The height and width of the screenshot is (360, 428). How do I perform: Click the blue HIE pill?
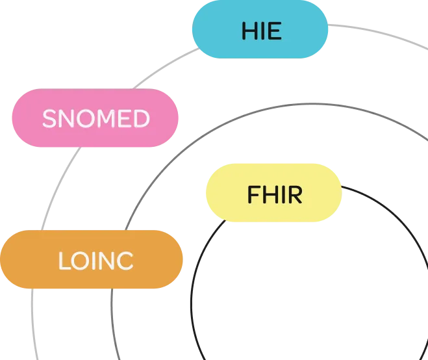[260, 31]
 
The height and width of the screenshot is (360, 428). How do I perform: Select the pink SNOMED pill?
[95, 119]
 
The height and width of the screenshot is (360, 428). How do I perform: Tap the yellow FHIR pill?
[273, 193]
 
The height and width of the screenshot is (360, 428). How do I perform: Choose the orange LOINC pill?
[92, 260]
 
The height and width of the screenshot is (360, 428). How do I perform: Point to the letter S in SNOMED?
[48, 119]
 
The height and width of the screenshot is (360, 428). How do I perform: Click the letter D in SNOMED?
[142, 119]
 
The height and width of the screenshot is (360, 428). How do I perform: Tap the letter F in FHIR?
[253, 194]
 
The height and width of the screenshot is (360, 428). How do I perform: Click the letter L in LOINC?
[63, 261]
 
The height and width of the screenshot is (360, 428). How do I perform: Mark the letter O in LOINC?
[78, 261]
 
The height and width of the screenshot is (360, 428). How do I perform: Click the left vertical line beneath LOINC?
[32, 325]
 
